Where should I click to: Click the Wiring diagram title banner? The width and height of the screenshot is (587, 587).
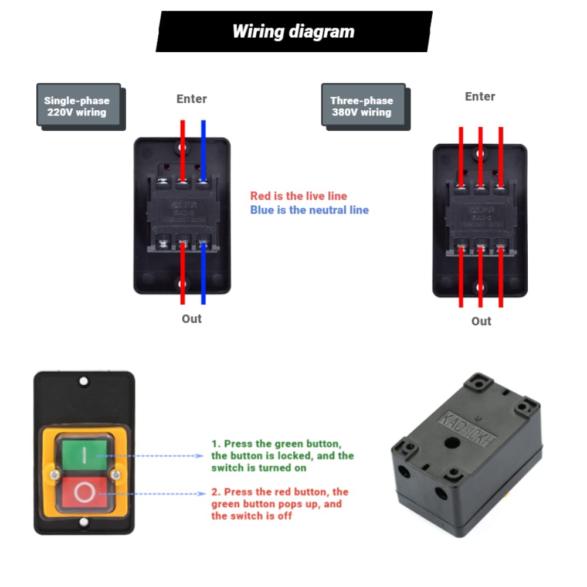tap(293, 31)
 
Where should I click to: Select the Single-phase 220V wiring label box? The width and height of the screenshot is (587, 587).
tap(79, 106)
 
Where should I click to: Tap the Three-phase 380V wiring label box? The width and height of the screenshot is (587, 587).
tap(363, 106)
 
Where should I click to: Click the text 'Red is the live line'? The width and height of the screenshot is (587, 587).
tap(298, 196)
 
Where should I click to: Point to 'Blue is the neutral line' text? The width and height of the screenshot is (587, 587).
tap(309, 210)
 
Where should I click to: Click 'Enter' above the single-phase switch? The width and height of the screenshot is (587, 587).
tap(192, 99)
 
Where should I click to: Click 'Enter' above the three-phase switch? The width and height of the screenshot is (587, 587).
tap(480, 97)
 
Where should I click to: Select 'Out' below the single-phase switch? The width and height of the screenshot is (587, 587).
tap(191, 319)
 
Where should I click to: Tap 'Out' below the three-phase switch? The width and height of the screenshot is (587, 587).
tap(481, 321)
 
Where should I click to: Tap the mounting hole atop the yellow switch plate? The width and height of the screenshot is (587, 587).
tap(84, 382)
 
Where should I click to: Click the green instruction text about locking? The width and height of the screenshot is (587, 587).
tap(282, 456)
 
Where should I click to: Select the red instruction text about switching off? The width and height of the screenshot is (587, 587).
tap(280, 504)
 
